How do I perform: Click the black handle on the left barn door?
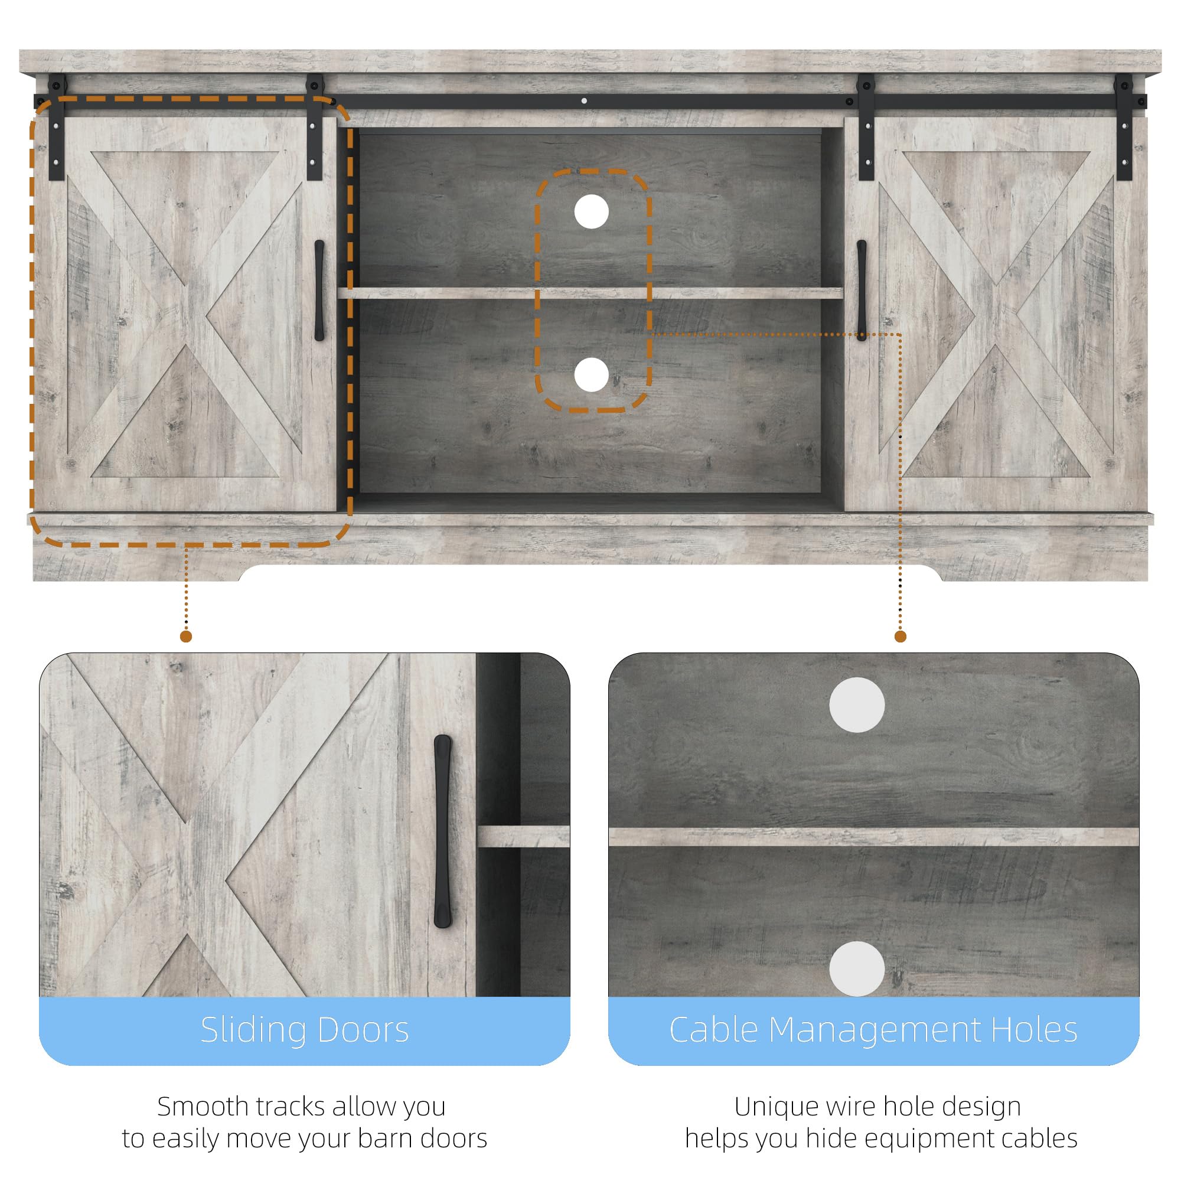[319, 291]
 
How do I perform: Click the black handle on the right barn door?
[862, 291]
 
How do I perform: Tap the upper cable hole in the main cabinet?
[591, 211]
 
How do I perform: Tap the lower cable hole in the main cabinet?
[591, 375]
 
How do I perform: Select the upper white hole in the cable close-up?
[856, 705]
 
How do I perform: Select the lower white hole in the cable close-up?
[856, 969]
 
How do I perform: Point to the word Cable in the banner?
[713, 1030]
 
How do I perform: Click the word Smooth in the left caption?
[203, 1107]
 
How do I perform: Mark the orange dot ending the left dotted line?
[187, 637]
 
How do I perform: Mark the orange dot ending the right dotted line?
[900, 637]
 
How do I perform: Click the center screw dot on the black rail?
[585, 101]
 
